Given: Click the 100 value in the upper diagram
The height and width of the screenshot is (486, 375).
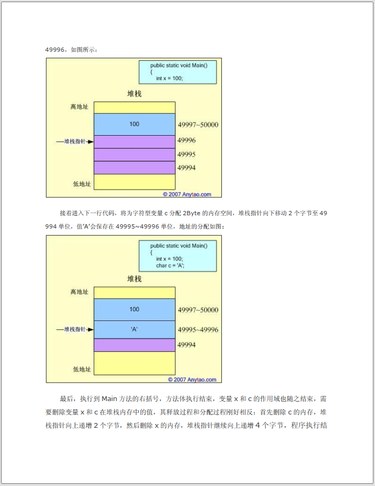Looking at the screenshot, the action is click(134, 124).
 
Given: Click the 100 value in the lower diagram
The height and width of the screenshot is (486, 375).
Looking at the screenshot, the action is click(134, 309).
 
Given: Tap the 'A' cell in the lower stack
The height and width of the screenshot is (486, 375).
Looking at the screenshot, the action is click(134, 330).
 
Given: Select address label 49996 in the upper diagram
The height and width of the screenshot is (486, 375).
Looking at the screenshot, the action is click(186, 140).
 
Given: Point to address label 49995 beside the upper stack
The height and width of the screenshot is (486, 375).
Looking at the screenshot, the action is click(186, 154).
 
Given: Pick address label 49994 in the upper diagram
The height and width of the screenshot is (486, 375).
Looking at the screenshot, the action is click(186, 168).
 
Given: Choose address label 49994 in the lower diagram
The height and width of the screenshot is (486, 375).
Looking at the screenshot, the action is click(186, 345).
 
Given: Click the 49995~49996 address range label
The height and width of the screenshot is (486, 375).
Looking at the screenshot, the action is click(198, 330).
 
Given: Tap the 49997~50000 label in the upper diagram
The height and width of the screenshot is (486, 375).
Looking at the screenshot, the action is click(198, 125).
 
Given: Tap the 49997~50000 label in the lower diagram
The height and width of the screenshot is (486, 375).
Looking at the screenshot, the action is click(198, 310).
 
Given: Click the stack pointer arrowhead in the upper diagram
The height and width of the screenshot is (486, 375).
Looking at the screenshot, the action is click(91, 142).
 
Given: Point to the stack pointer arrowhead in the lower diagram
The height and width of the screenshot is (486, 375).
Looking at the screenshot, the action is click(91, 330).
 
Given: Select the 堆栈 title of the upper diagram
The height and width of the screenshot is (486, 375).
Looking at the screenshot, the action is click(134, 94).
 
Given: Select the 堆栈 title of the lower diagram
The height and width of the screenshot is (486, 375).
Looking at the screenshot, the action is click(134, 279).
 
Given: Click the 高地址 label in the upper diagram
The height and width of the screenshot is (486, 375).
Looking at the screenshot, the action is click(79, 107).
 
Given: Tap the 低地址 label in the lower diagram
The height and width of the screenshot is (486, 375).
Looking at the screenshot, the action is click(82, 369).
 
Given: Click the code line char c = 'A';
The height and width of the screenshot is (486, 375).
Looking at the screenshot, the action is click(170, 265).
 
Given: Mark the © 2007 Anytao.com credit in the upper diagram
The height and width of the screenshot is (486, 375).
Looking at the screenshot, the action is click(187, 194).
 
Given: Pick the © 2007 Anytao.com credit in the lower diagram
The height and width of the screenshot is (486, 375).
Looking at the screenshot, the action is click(192, 379).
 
